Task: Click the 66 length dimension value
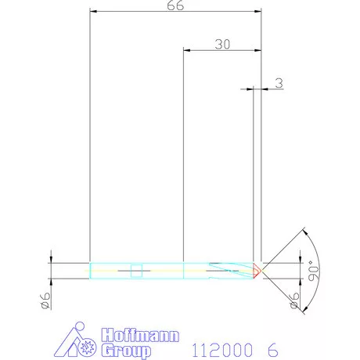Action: click(x=175, y=5)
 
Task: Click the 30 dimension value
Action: click(x=221, y=45)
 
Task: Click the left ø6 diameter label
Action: click(x=45, y=301)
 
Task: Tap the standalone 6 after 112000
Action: click(x=270, y=347)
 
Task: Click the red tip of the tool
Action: click(x=257, y=270)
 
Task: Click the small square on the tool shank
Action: click(x=137, y=271)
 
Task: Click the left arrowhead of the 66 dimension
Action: click(x=93, y=13)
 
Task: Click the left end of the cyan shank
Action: click(x=92, y=270)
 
